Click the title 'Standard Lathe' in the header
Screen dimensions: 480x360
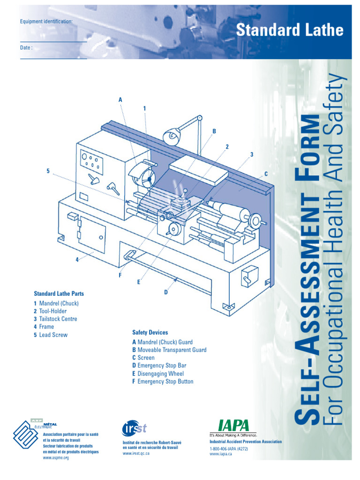[289, 30]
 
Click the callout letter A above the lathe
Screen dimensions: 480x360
[120, 100]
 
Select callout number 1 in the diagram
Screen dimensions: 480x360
[145, 108]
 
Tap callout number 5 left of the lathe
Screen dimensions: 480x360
[48, 171]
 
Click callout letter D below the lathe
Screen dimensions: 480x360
[165, 292]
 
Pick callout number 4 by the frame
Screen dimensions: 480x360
[77, 261]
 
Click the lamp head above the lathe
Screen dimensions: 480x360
[172, 136]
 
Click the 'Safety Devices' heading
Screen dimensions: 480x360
[150, 332]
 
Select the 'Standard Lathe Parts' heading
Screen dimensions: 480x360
[59, 293]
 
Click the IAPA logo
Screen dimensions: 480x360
[233, 425]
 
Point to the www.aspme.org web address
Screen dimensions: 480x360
[56, 457]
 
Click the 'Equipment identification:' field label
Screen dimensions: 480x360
[46, 22]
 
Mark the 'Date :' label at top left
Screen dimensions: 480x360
[26, 47]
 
